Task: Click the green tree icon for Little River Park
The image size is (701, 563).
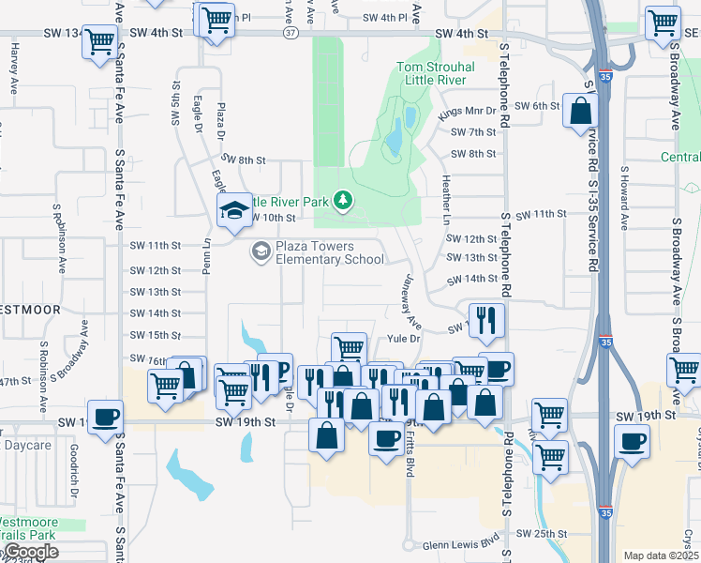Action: (x=344, y=200)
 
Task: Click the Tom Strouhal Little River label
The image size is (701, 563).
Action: (x=436, y=73)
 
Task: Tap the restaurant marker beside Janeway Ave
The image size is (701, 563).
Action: (x=485, y=321)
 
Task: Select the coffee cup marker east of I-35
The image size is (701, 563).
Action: (x=632, y=442)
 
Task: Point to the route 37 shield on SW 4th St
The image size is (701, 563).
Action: (x=291, y=33)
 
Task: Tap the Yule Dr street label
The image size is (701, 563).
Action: (x=399, y=338)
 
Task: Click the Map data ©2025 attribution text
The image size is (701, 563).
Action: (x=660, y=555)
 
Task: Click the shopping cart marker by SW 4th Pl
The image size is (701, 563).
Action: (x=216, y=20)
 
